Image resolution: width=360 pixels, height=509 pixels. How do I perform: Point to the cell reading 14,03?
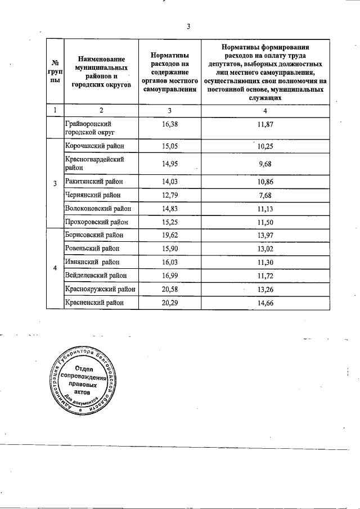coord(170,182)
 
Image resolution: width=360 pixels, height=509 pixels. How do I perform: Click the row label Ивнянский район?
coord(93,262)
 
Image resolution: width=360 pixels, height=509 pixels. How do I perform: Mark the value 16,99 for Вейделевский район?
coord(170,275)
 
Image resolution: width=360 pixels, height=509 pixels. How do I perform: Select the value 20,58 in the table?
coord(170,289)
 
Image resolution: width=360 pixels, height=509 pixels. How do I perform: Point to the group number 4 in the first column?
coord(55,268)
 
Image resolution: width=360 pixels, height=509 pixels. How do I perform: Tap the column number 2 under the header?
coord(101,110)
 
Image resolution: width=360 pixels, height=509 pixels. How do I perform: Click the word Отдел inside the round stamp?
coord(84,370)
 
